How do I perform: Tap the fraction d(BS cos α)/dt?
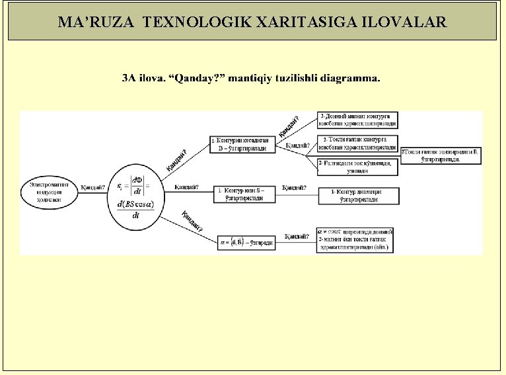coord(135,210)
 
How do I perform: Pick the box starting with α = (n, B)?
coord(245,243)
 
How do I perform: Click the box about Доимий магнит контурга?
coord(357,120)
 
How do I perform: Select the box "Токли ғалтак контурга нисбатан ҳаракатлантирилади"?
coord(359,144)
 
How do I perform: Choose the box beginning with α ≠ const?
coord(356,241)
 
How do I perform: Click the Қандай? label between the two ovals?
coord(92,187)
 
